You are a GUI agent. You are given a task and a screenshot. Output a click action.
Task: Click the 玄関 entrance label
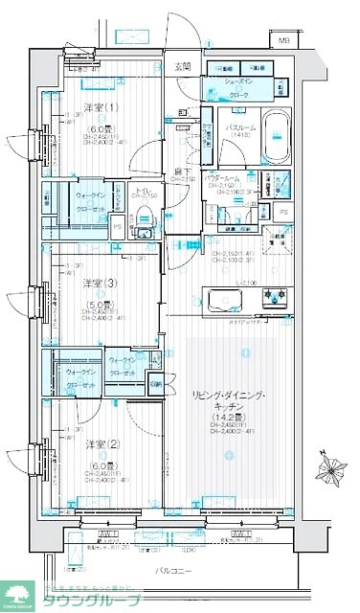(x=183, y=67)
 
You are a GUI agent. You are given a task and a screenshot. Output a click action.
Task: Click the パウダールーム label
(x=235, y=178)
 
